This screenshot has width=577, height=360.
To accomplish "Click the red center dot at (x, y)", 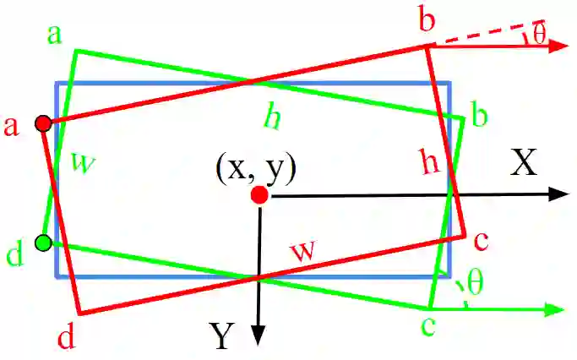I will pyautogui.click(x=259, y=196).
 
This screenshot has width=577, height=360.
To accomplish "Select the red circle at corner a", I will pyautogui.click(x=43, y=124).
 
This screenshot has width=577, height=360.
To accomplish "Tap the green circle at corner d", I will pyautogui.click(x=43, y=244).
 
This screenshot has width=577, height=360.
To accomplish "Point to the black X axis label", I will pyautogui.click(x=524, y=164).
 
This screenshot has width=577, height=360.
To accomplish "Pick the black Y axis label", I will pyautogui.click(x=221, y=337).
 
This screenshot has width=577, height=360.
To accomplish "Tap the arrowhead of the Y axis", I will pyautogui.click(x=260, y=337).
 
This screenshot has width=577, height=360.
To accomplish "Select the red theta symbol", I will pyautogui.click(x=539, y=33).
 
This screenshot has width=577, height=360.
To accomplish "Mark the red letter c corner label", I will pyautogui.click(x=481, y=242).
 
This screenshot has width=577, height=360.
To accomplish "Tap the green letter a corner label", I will pyautogui.click(x=55, y=35).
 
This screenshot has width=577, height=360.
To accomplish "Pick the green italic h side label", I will pyautogui.click(x=271, y=118).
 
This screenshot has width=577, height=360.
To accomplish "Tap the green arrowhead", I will pyautogui.click(x=553, y=309).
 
